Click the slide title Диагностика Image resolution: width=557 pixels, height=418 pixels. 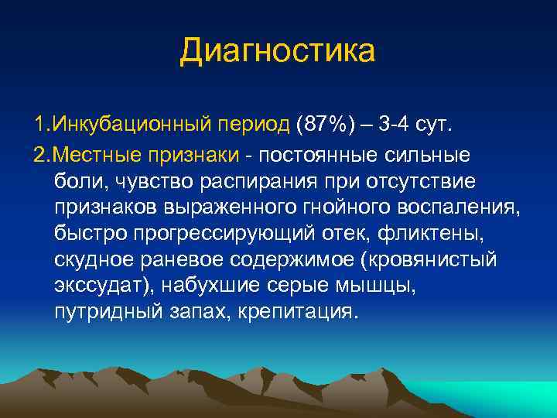278,51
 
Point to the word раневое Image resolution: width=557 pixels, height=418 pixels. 189,259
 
